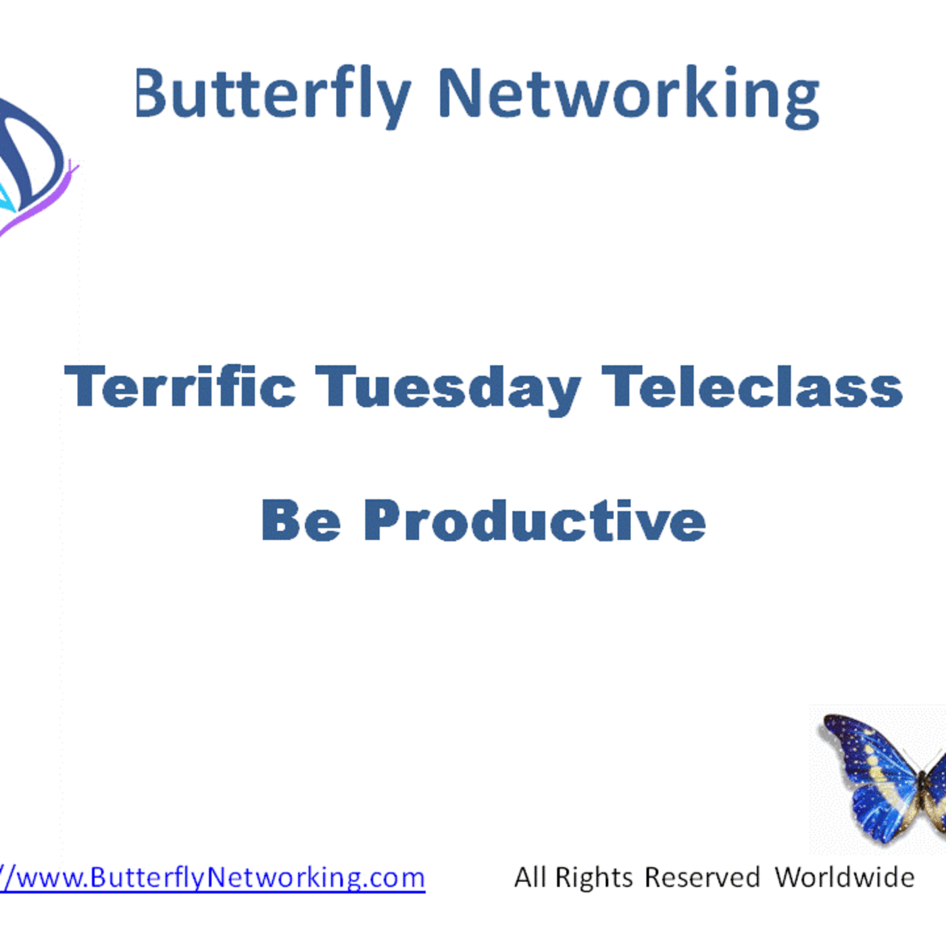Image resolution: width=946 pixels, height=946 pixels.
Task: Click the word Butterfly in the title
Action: tap(272, 95)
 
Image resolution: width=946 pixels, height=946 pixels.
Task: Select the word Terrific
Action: tap(180, 387)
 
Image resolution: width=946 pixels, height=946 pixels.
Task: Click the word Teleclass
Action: tap(752, 387)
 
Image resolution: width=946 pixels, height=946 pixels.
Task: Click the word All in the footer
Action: tap(530, 877)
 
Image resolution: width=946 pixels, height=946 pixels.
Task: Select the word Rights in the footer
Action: tap(594, 878)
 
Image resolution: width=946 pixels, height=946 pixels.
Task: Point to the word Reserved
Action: tap(702, 877)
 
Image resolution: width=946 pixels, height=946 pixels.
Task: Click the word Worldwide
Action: tap(845, 877)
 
